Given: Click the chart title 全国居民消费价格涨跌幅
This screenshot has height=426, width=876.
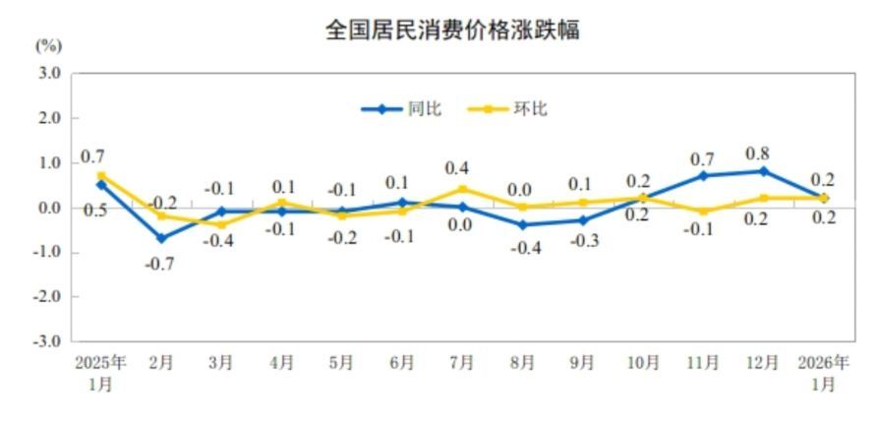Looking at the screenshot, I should [x=452, y=30].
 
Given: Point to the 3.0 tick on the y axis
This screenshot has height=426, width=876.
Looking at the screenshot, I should [x=49, y=74].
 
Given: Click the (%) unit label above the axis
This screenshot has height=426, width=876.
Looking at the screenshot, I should [x=48, y=45].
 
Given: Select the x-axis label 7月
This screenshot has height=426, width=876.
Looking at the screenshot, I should [x=462, y=363].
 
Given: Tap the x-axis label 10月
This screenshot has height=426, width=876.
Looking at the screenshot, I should [x=643, y=363].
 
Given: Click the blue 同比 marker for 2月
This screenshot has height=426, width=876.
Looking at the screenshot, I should [x=161, y=238].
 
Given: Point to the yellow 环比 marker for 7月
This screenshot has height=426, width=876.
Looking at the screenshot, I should [x=462, y=189].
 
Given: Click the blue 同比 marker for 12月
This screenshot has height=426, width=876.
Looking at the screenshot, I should [x=763, y=171].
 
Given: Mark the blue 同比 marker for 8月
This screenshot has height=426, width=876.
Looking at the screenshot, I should [x=522, y=225].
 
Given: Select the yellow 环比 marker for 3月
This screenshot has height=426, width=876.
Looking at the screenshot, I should [x=221, y=225].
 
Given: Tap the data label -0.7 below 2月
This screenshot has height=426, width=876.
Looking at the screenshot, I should [x=161, y=264].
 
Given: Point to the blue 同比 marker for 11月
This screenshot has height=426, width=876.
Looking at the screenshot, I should [x=703, y=176].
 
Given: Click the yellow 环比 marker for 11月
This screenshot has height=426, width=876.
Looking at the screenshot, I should [x=703, y=212].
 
